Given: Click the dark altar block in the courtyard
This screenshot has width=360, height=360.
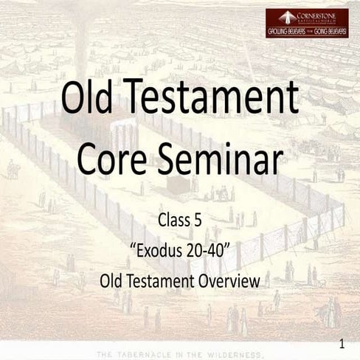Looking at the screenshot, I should [178, 185].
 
